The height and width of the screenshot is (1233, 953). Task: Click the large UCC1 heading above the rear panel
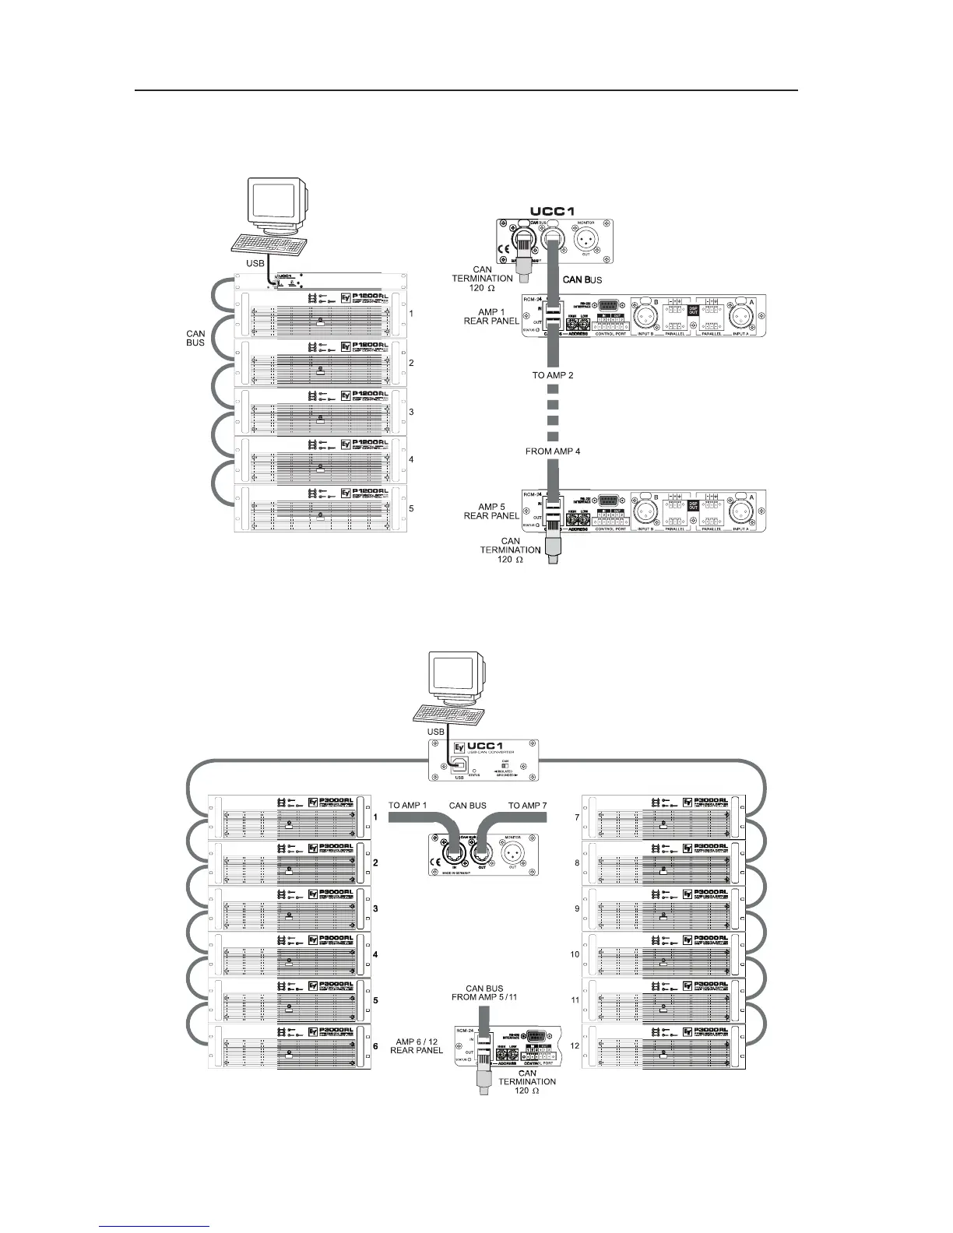(554, 211)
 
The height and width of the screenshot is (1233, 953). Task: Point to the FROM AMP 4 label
(553, 451)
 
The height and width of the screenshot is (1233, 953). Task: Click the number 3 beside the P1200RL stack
(411, 412)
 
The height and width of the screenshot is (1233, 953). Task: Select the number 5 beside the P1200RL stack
(411, 509)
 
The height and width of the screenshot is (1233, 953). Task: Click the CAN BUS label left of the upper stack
(195, 338)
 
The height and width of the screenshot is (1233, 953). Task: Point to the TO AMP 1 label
(408, 805)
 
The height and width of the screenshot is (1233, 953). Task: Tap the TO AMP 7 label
(528, 805)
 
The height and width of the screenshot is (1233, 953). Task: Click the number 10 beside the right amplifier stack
(575, 954)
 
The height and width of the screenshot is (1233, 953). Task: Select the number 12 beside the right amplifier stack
(575, 1045)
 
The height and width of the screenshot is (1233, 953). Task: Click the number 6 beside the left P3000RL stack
(375, 1046)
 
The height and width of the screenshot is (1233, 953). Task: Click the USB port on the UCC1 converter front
(459, 766)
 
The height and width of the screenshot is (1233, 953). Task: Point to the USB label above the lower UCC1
(436, 732)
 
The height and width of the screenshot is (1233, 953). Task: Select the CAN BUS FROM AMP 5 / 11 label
(484, 992)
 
